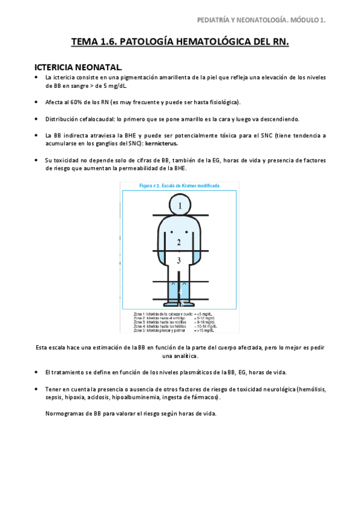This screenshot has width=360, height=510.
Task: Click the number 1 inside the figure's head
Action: (179, 206)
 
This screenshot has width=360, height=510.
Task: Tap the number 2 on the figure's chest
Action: (179, 242)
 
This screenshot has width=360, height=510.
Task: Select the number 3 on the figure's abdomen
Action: (179, 260)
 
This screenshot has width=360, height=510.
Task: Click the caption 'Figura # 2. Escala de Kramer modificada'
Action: (179, 186)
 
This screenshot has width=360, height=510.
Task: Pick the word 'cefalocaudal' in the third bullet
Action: (93, 118)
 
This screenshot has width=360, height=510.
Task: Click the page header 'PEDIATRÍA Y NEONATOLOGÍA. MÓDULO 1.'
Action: (261, 20)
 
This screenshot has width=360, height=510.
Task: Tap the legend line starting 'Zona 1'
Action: (174, 314)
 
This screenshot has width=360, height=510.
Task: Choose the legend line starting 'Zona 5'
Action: (174, 331)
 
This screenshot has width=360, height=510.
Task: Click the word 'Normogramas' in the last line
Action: (66, 413)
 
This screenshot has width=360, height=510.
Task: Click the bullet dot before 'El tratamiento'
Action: (37, 372)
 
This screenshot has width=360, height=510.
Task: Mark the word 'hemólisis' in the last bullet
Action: (310, 389)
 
